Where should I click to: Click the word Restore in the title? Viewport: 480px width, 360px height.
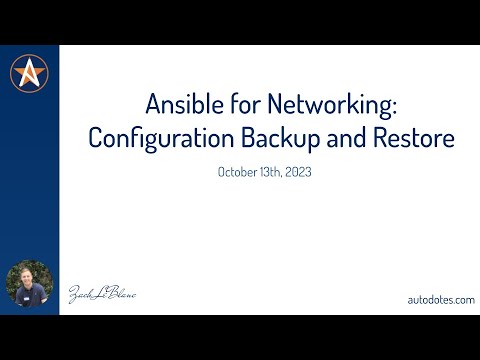(415, 139)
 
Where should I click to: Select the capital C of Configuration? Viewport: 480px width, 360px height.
(96, 139)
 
